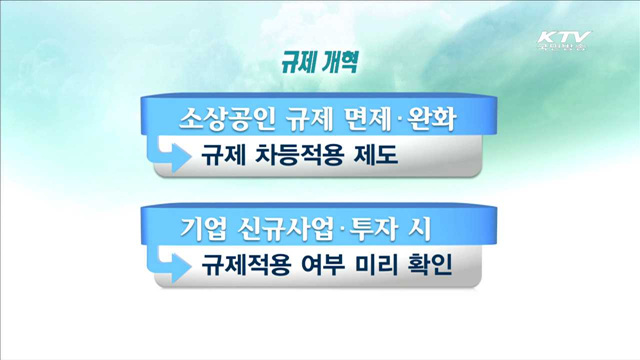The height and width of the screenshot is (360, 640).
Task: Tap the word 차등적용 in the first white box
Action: coord(296,156)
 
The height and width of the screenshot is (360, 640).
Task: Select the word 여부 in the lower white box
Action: coord(318,267)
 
